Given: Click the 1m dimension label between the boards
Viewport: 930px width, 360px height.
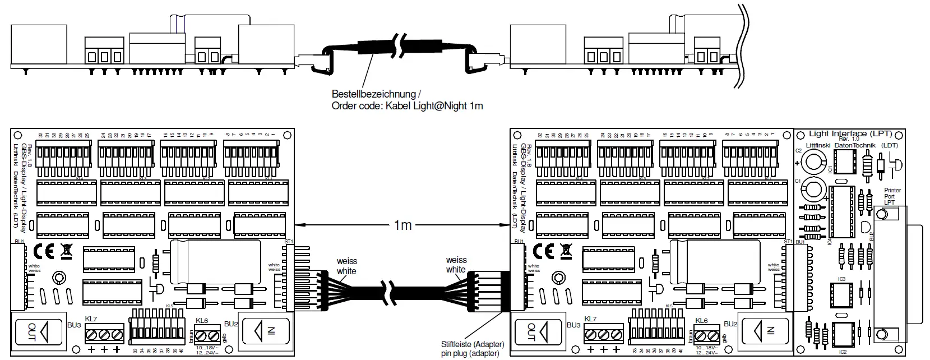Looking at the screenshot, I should point(402,225).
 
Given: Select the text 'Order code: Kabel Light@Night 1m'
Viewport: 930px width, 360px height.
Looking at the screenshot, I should point(407,106).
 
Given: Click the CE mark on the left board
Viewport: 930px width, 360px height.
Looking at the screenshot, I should point(44,250).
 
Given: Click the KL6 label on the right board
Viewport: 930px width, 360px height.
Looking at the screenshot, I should point(701,320).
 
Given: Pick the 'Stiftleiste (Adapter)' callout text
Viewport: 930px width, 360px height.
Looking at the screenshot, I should point(473,344).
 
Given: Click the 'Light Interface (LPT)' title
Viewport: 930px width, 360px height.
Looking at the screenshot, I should point(845,133).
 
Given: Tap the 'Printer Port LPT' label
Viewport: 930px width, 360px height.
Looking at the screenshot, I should point(892,196).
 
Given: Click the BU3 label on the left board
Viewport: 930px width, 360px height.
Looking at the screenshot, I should point(73,325).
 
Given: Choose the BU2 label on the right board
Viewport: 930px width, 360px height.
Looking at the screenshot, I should point(730,324).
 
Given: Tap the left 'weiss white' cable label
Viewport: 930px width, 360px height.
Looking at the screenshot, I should point(346,266).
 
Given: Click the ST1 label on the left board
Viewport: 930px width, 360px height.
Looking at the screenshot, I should point(289,242).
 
